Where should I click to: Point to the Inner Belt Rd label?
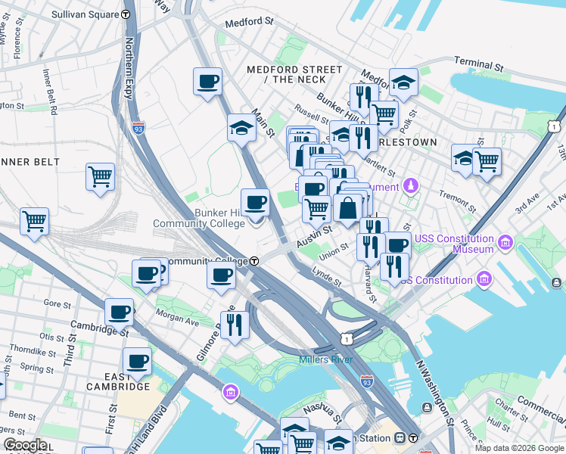[49, 90]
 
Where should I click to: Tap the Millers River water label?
[325, 359]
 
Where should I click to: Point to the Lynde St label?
[327, 278]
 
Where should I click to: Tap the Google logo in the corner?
[26, 445]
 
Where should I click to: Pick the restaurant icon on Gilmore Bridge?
[235, 325]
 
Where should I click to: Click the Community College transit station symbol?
[255, 261]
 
